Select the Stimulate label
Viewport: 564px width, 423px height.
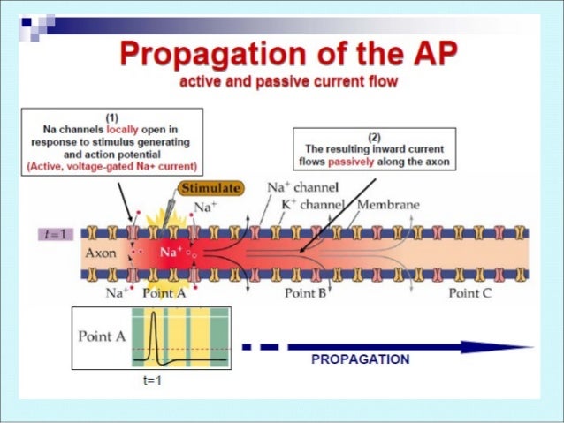[x=210, y=187]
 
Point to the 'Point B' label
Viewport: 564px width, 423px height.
[x=305, y=293]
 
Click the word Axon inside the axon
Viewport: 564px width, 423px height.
[x=100, y=252]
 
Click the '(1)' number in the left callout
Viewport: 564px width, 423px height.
[x=112, y=116]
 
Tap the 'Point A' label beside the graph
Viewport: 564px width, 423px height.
[x=99, y=336]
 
